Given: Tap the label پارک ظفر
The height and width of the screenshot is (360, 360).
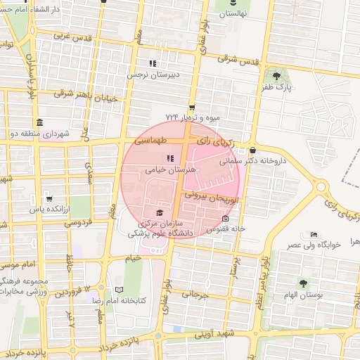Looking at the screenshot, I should (278, 88).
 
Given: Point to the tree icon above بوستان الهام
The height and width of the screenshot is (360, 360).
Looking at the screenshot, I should (303, 283).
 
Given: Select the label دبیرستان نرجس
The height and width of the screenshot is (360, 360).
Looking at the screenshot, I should (153, 73).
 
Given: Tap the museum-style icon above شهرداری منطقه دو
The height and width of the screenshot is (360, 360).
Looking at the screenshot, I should (39, 121).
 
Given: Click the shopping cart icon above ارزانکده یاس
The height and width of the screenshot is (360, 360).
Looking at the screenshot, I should (48, 198).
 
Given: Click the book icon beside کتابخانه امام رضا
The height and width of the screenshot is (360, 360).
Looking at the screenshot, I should (118, 290).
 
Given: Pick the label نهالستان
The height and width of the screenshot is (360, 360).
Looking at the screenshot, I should (235, 14).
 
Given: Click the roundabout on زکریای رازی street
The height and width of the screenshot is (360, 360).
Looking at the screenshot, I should (319, 188).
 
